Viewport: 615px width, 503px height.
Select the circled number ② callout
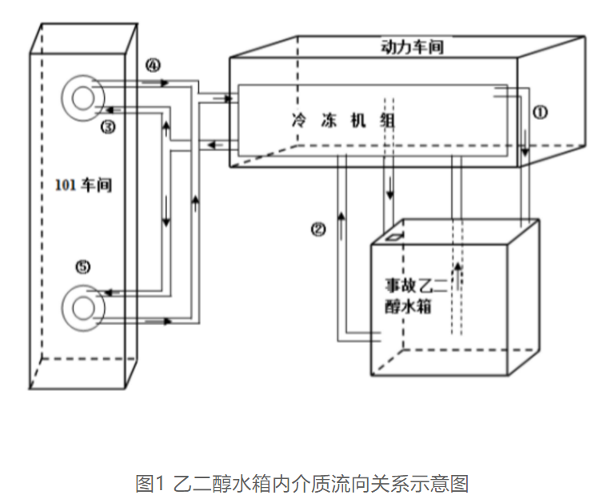[318, 230]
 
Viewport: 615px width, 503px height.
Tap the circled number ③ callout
[108, 126]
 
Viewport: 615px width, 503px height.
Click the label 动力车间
[412, 47]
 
